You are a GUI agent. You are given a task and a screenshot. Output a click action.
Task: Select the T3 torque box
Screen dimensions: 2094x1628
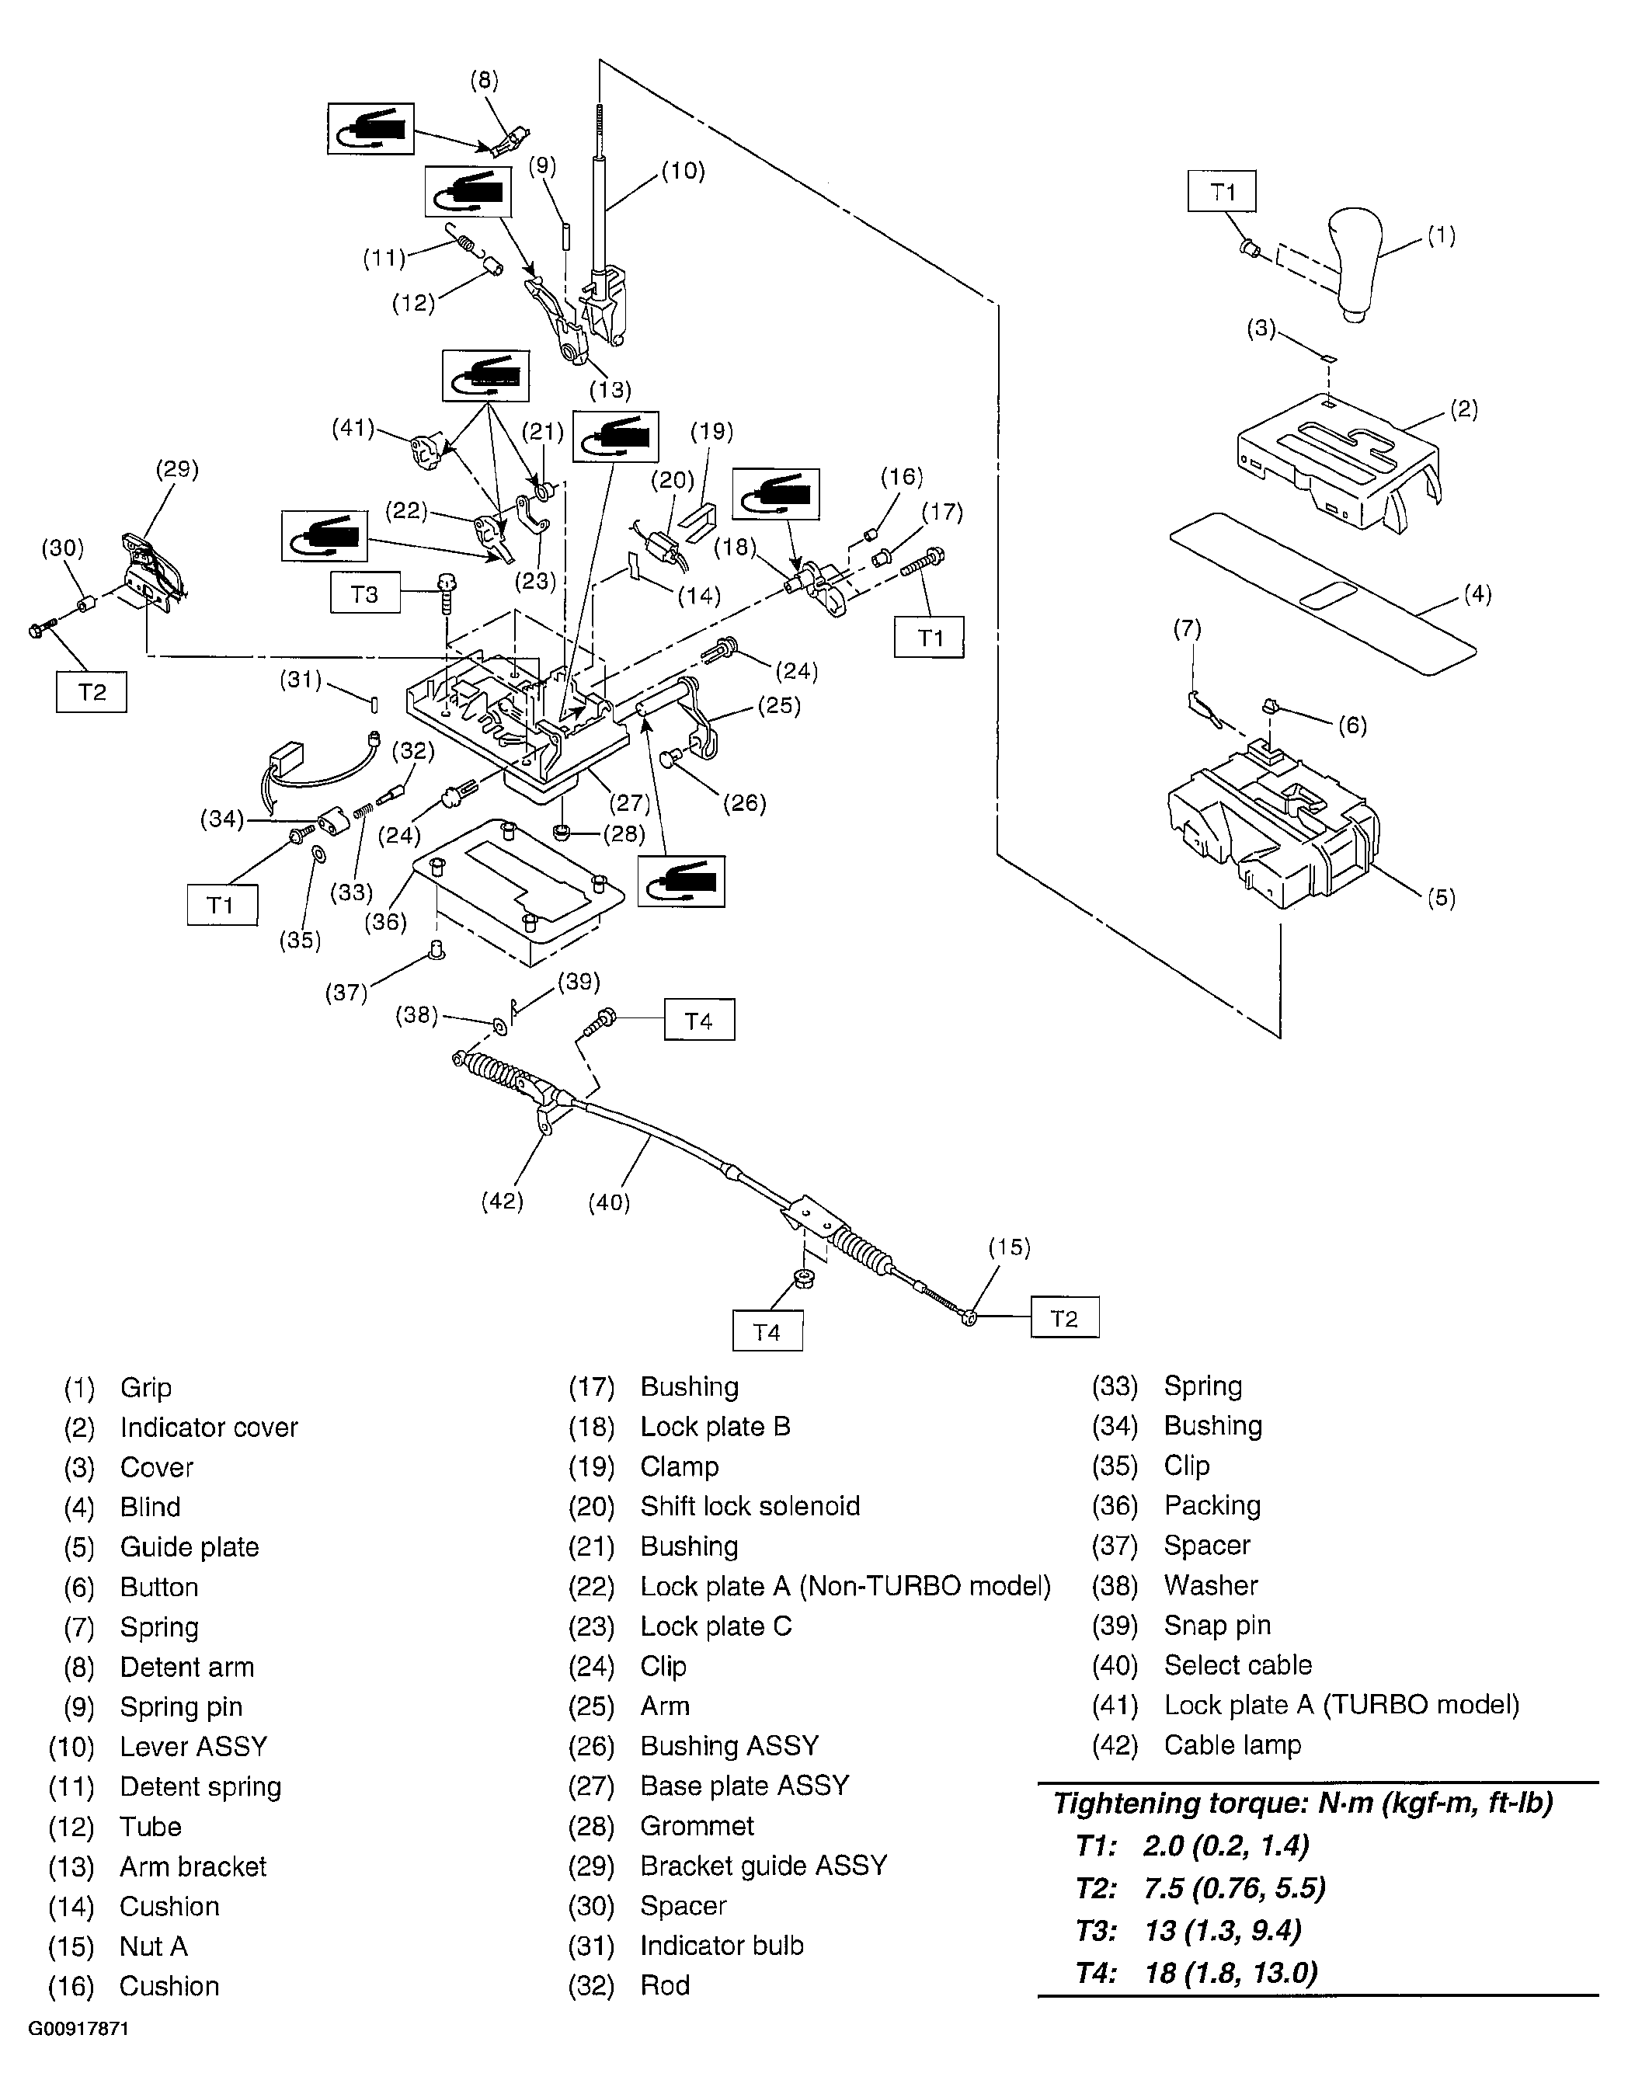coord(364,593)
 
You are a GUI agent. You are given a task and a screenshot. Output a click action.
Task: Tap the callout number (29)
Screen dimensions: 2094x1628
coord(176,469)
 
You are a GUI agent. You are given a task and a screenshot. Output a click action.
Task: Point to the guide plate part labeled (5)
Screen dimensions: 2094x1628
coord(1271,825)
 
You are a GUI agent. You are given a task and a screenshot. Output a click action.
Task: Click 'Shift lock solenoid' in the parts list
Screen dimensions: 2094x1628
coord(749,1505)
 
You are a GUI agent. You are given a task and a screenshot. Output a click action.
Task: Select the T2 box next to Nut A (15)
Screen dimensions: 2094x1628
coord(1064,1317)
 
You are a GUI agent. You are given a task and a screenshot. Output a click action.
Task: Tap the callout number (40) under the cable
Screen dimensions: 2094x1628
coord(609,1202)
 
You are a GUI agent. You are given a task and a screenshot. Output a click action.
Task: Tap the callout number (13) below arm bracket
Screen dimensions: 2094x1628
coord(610,389)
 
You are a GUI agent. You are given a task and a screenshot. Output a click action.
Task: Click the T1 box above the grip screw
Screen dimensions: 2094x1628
coord(1222,191)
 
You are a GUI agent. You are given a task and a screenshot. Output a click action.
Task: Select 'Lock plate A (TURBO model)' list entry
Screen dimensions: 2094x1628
coord(1341,1705)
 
